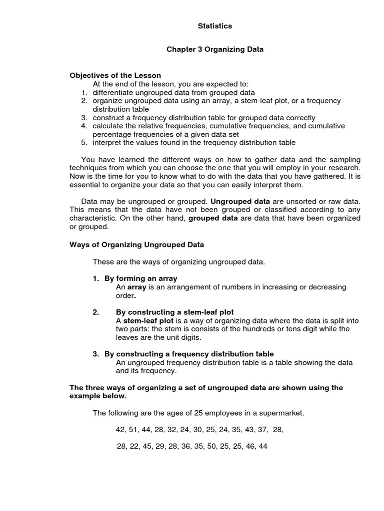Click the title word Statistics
[214, 26]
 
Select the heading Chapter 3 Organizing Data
[214, 50]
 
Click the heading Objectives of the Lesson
[115, 75]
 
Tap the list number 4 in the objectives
[84, 126]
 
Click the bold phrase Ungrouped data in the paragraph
[238, 201]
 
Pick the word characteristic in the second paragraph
[93, 218]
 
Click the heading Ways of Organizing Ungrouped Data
[136, 245]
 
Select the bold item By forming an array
[140, 278]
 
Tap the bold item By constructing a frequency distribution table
[188, 354]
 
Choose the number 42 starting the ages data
[120, 430]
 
